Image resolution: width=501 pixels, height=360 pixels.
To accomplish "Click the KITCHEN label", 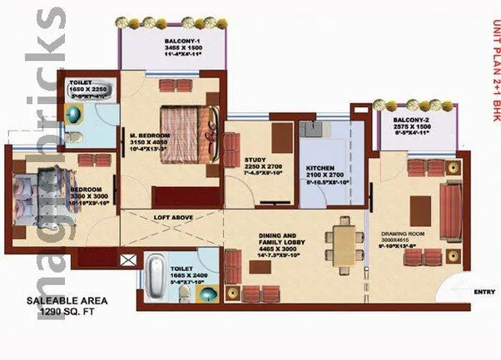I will [320, 168].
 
